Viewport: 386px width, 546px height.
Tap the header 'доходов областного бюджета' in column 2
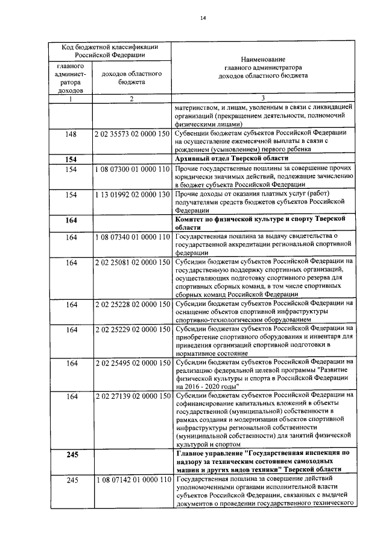click(130, 77)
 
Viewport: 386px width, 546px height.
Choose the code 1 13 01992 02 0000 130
click(131, 194)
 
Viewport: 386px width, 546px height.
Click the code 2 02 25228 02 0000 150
click(131, 305)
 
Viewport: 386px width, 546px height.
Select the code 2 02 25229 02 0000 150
click(131, 330)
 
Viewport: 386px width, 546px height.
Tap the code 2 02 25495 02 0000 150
click(131, 363)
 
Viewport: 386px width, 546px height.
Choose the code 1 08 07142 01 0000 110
click(131, 480)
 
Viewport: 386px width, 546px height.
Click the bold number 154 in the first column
click(71, 158)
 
